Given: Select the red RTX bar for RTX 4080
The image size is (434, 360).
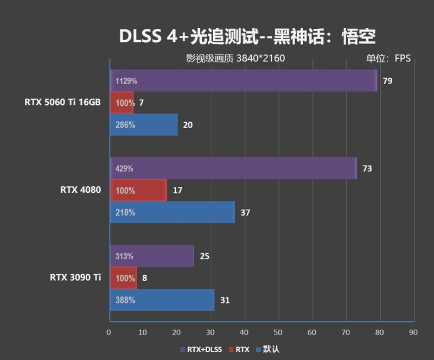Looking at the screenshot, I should [138, 191].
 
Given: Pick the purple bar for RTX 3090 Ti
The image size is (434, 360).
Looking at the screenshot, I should [151, 256].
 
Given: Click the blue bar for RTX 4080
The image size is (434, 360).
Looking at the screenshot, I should [172, 212].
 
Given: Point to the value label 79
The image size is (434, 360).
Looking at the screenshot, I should [387, 81].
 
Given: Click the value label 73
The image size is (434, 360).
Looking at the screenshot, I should [367, 169].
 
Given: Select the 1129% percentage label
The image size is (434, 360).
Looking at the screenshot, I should [126, 81].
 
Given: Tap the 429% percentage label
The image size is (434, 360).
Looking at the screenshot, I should [124, 169].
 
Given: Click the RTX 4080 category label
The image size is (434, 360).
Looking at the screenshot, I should [80, 190].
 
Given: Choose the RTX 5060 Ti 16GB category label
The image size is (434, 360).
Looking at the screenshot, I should [62, 103].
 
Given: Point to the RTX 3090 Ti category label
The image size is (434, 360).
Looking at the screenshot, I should [75, 277].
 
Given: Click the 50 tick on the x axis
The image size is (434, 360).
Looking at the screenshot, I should [278, 332].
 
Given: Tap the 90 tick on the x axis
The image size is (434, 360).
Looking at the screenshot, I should [413, 332].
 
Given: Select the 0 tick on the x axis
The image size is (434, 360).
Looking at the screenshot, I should [109, 332].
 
